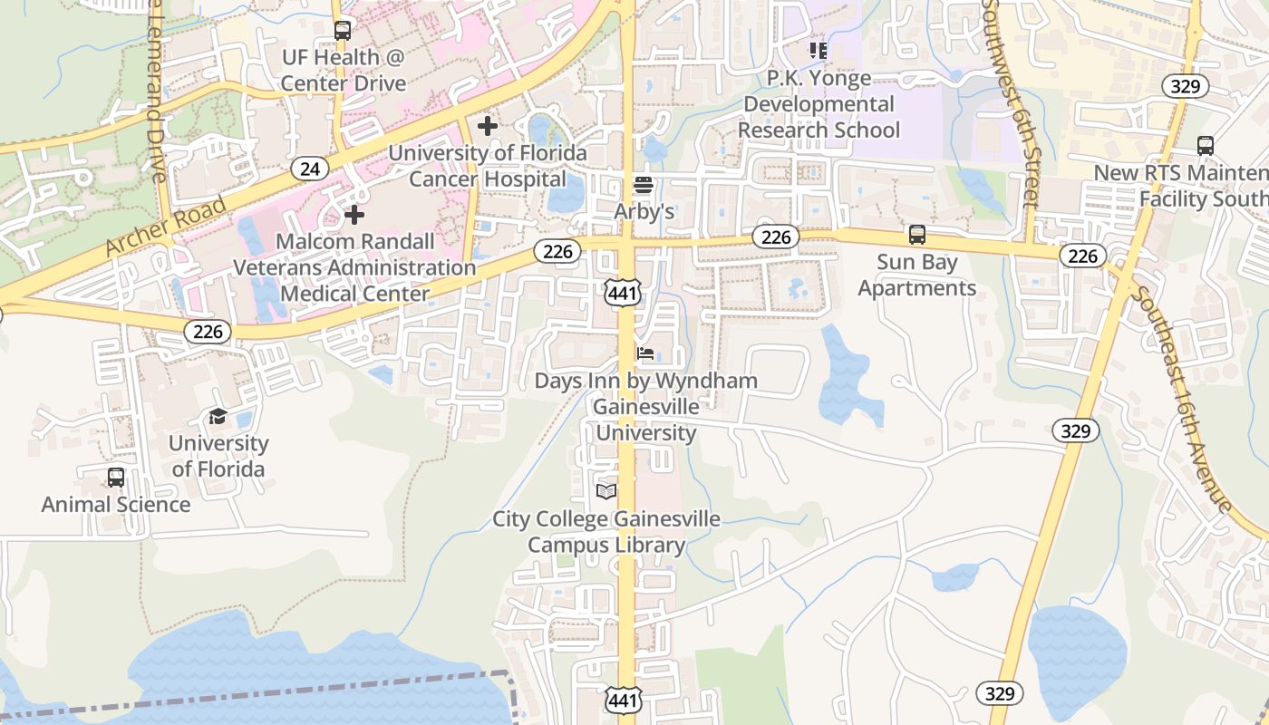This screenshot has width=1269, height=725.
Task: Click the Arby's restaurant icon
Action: [644, 186]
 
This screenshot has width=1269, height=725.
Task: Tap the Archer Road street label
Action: [165, 227]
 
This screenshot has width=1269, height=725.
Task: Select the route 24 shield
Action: [310, 169]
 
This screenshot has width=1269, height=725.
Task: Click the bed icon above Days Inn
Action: [645, 353]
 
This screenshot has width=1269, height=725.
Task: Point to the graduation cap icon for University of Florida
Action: [218, 417]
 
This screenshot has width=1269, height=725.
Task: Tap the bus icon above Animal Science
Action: [116, 478]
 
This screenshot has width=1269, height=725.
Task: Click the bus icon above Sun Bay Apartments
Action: [917, 236]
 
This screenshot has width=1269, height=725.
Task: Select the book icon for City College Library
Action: [606, 491]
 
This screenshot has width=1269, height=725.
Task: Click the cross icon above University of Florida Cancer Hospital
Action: [488, 126]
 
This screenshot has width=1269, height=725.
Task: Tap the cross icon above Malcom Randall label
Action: [354, 215]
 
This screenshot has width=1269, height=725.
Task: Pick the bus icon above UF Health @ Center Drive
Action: [342, 31]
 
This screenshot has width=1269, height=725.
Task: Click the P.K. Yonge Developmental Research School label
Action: [819, 104]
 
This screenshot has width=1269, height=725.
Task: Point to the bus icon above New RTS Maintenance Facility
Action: [1206, 146]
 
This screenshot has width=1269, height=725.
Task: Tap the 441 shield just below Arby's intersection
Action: [624, 292]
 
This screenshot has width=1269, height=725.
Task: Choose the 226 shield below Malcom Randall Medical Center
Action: [208, 332]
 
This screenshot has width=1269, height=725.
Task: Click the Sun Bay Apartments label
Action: [916, 275]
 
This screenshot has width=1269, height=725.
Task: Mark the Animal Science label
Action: [116, 505]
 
